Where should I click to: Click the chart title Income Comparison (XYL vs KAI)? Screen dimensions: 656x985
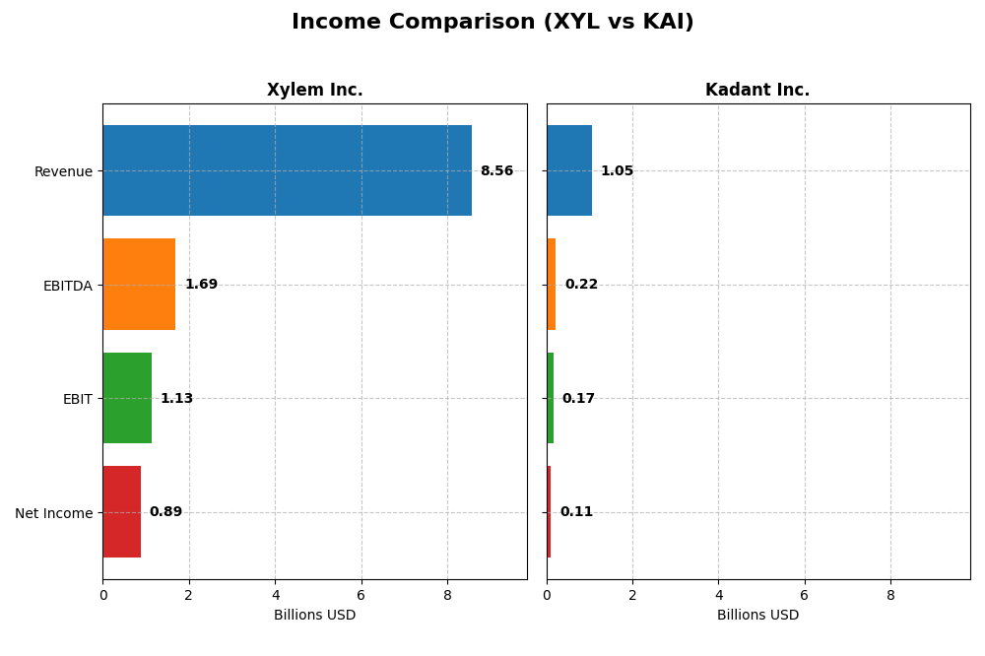coord(492,23)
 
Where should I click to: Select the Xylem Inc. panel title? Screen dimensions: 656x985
coord(314,91)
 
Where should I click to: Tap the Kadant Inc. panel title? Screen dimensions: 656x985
coord(757,91)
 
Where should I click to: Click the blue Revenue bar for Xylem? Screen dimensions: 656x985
coord(287,170)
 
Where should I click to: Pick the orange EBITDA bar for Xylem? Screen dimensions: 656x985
coord(139,285)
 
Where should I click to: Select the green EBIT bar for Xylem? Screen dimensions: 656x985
coord(127,398)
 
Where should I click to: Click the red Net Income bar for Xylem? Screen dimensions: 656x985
coord(121,512)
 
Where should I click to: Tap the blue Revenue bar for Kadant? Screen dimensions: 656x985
coord(569,170)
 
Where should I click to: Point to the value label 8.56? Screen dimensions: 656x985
coord(496,171)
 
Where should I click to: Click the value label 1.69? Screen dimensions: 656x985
coord(201,285)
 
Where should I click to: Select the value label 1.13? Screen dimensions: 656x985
coord(176,399)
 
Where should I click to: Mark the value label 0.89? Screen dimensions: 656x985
coord(165,512)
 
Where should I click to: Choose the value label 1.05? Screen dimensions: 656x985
coord(617,171)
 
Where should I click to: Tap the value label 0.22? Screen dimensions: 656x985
coord(581,285)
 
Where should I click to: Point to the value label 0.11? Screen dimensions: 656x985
coord(576,512)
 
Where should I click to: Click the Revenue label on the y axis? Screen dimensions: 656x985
coord(63,171)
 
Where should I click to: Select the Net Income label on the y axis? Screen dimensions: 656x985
coord(54,513)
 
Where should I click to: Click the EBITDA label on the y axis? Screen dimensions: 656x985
coord(67,286)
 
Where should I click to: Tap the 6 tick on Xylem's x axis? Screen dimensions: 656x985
coord(361,595)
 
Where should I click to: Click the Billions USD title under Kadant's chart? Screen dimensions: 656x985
coord(757,616)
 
